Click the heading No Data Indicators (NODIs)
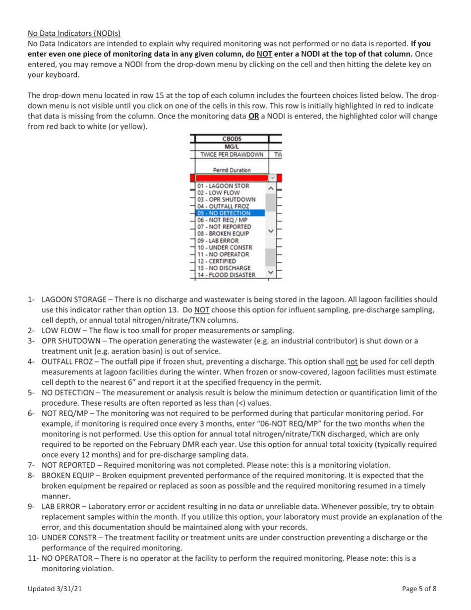coord(74,34)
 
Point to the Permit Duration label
coord(232,170)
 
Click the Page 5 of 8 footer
coord(419,589)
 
